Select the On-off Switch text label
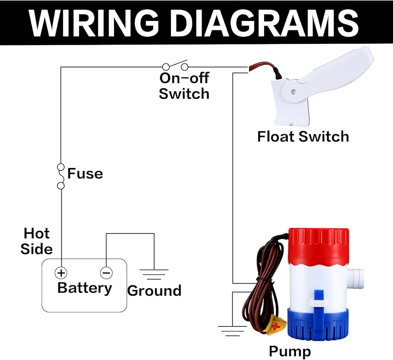pos(184,86)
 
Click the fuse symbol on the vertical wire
pos(61,176)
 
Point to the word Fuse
pos(85,174)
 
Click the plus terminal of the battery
pos(61,272)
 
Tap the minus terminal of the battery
pos(106,272)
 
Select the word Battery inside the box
pos(84,288)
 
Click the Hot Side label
pos(37,241)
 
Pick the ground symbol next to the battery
pos(154,274)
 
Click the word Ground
pos(154,291)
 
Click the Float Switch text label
pos(303,137)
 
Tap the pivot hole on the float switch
pos(293,92)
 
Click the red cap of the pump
pos(318,244)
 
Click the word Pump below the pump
pos(290,351)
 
